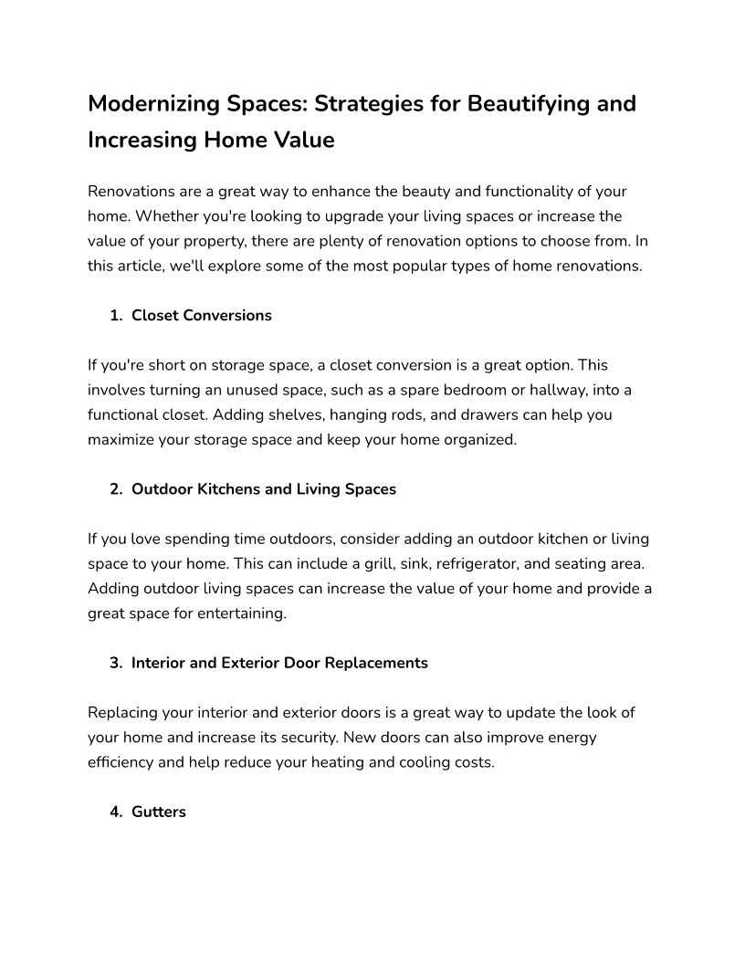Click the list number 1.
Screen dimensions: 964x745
115,316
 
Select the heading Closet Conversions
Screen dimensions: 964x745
202,316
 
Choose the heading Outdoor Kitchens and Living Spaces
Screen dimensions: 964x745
264,489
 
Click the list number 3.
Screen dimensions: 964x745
115,664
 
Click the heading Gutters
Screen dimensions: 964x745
159,812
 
